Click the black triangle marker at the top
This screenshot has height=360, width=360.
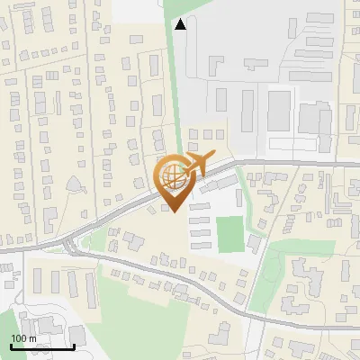tap(181, 24)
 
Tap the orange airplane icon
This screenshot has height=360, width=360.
tap(198, 164)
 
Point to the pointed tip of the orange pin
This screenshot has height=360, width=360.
tap(174, 211)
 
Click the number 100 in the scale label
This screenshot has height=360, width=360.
tap(18, 338)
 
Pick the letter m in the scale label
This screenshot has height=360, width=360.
tap(32, 338)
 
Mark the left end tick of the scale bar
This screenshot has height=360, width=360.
tap(11, 345)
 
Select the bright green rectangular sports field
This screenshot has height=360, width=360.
tap(229, 234)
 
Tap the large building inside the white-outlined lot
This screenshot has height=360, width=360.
tap(279, 111)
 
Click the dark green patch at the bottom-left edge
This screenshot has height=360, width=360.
tap(4, 353)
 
